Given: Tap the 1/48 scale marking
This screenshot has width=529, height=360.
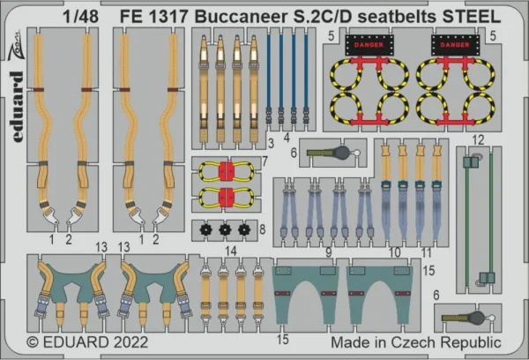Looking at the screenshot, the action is pyautogui.click(x=80, y=17).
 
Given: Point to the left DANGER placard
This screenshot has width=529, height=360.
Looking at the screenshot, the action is pyautogui.click(x=369, y=45).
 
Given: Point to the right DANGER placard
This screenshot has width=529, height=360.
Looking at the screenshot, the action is pyautogui.click(x=455, y=45).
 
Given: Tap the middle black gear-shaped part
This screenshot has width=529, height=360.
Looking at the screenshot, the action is pyautogui.click(x=225, y=230).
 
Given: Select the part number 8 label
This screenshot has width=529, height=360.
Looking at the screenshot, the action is pyautogui.click(x=263, y=229).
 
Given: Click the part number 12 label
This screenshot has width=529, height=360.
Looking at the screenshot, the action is pyautogui.click(x=479, y=139).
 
